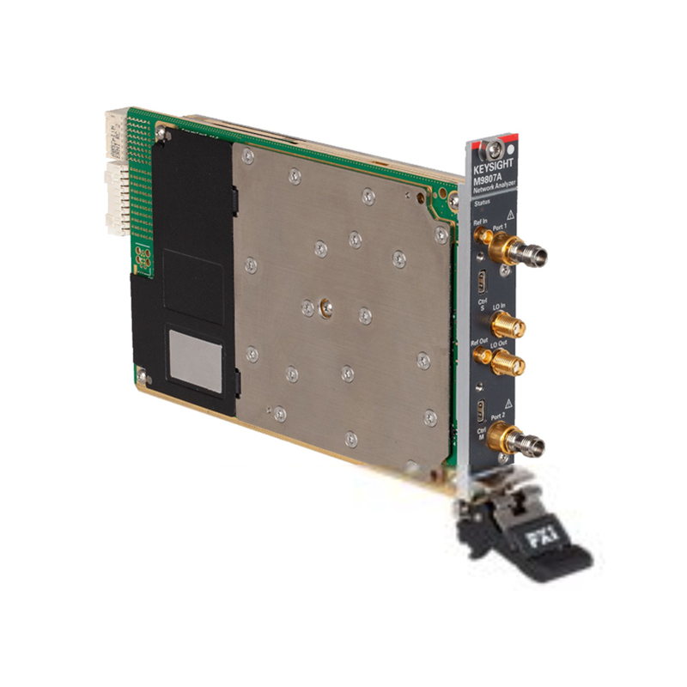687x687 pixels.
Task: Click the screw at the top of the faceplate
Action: pos(489,149)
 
